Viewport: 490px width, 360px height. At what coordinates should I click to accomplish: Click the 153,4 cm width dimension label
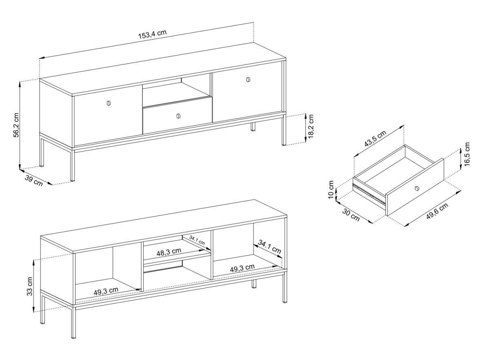152,34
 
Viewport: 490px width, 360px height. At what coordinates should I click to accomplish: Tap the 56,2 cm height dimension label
16,125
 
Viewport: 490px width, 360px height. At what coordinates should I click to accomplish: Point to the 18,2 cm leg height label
310,126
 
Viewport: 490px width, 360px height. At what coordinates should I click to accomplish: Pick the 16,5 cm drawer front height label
467,154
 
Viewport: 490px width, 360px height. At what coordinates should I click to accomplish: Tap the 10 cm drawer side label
331,190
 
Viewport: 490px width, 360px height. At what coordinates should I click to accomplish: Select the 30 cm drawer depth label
351,215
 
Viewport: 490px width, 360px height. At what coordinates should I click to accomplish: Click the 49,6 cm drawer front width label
437,211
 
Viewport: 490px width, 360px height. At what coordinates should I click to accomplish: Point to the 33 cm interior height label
29,286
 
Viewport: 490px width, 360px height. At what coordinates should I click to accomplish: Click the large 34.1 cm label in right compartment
269,246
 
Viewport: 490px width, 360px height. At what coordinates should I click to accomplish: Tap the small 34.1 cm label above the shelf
197,240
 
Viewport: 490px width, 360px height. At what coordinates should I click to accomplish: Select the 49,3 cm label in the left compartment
106,291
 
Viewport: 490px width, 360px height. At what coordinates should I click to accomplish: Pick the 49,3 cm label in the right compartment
243,268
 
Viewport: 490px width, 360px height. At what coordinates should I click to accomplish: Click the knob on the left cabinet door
109,103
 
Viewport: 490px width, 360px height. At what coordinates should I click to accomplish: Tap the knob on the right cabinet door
248,79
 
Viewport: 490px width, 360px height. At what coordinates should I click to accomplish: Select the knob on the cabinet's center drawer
178,116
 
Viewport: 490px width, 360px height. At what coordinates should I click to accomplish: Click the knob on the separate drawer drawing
416,188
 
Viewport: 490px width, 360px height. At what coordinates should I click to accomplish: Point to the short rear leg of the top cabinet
253,127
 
